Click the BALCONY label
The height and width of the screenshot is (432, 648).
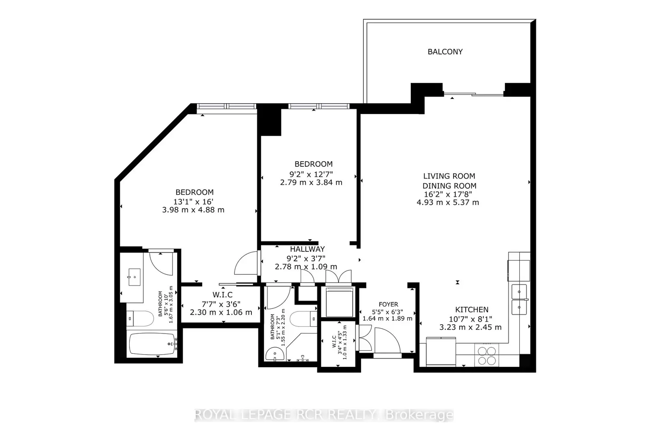coord(445,51)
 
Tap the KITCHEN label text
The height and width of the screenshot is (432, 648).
coord(472,310)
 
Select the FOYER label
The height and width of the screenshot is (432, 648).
coord(388,305)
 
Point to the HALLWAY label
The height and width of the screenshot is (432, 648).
coord(307,249)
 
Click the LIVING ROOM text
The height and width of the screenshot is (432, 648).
coord(449,176)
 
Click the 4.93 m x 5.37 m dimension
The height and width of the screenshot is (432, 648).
coord(448,202)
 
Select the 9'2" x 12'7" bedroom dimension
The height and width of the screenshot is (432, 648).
coord(311,174)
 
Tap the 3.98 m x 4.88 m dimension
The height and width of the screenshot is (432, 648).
coord(193,210)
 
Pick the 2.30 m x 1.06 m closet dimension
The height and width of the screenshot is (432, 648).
coord(221,312)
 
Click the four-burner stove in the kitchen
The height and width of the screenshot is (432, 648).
coord(486,356)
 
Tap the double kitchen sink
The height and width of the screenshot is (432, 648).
coord(519,299)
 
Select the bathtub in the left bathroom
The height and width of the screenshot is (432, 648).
coord(152,344)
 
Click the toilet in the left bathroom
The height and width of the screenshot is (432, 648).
coord(140,319)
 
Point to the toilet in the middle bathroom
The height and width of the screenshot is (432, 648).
coord(303,318)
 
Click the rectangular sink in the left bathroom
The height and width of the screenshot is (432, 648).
coord(134,277)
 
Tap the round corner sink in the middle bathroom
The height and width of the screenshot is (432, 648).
coord(274,354)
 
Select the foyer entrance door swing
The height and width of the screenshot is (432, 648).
coord(388,340)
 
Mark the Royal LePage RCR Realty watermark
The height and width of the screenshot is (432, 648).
coord(324,415)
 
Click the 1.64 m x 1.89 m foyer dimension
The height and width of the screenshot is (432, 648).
coord(388,318)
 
